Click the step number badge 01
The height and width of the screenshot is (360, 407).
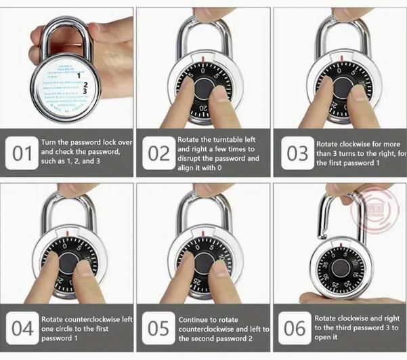23,153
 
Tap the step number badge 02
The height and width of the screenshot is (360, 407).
158,153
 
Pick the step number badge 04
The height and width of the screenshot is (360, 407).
22,329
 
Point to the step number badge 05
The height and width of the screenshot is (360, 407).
158,329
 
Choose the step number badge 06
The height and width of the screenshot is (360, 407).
295,329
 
